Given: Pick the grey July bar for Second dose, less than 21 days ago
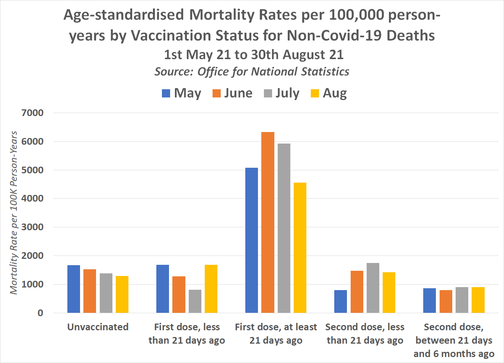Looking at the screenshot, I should point(373,288).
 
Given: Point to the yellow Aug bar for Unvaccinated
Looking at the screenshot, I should point(122,294).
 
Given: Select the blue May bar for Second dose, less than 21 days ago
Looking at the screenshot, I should point(341,301).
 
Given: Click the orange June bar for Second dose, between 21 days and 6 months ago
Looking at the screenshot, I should point(446,301).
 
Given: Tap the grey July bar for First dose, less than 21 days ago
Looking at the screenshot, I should point(195,301).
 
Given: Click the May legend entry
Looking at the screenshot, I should point(182,93).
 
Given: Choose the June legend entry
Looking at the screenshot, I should point(233,93).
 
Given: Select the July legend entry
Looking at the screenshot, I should point(282,93).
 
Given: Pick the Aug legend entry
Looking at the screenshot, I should point(329,93).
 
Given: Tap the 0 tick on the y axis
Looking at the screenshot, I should point(40,313).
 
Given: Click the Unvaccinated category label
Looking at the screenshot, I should point(98,327).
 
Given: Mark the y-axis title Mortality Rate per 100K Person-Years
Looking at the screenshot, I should point(14,213).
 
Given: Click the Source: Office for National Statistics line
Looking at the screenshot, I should point(252,71).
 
